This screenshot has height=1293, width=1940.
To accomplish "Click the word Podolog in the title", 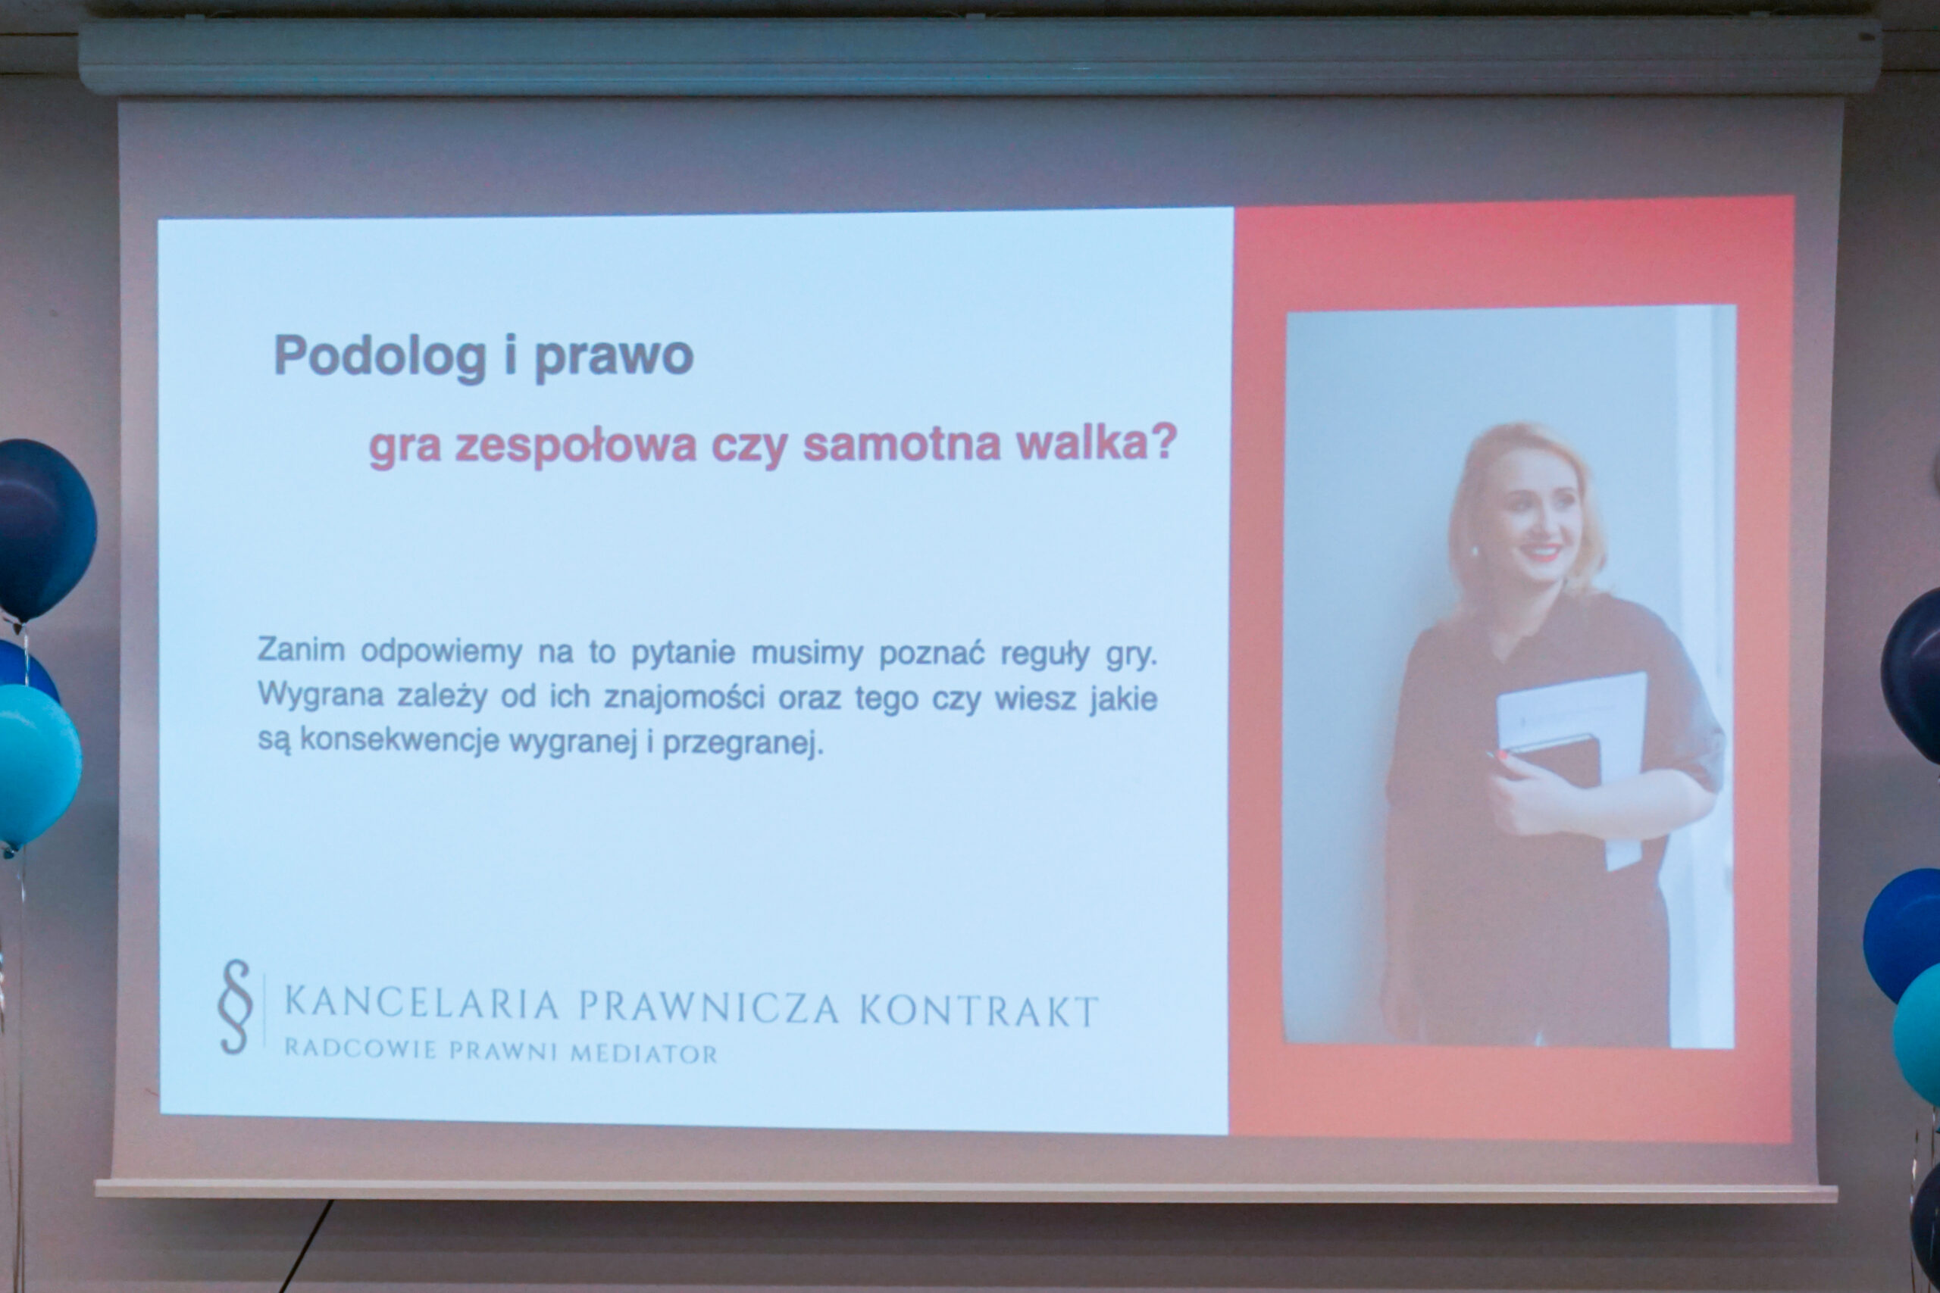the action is click(x=380, y=356).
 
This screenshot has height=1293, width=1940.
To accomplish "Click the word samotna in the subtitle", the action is click(x=902, y=444).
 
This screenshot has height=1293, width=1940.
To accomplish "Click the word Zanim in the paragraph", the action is click(x=301, y=650).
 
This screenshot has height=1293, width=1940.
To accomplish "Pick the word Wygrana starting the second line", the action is click(x=321, y=695).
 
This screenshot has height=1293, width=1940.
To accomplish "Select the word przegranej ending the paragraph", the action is click(x=743, y=743).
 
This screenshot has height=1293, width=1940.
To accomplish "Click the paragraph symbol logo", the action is click(x=235, y=1006).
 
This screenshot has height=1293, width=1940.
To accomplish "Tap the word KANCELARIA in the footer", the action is click(x=421, y=1004).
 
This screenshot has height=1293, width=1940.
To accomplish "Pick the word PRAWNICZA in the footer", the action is click(x=709, y=1007).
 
